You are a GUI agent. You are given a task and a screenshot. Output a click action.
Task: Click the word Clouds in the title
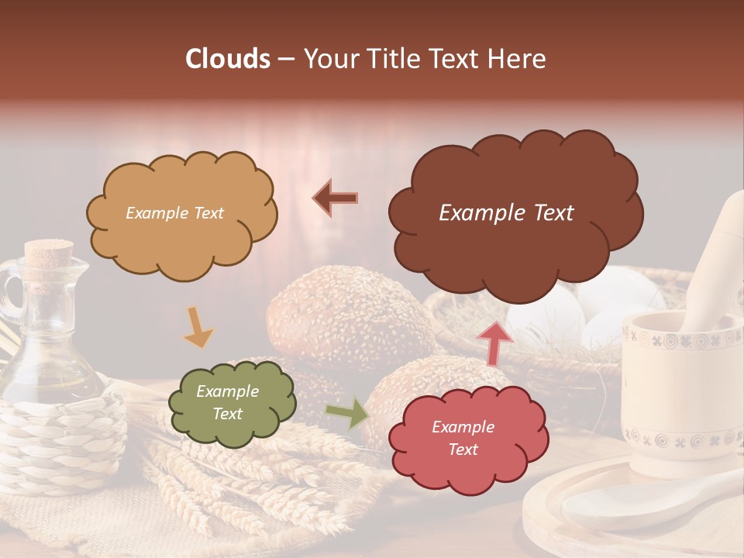coord(227,59)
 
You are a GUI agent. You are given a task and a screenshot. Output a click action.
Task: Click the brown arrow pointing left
coord(336,198)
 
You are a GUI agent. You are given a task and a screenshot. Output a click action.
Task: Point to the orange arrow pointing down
coord(198,327)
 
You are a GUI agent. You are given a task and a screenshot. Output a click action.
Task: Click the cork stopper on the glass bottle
coord(48,255)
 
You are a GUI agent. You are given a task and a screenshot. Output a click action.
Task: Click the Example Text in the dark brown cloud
coord(506,213)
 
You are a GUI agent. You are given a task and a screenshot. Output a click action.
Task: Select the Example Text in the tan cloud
coord(174,213)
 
